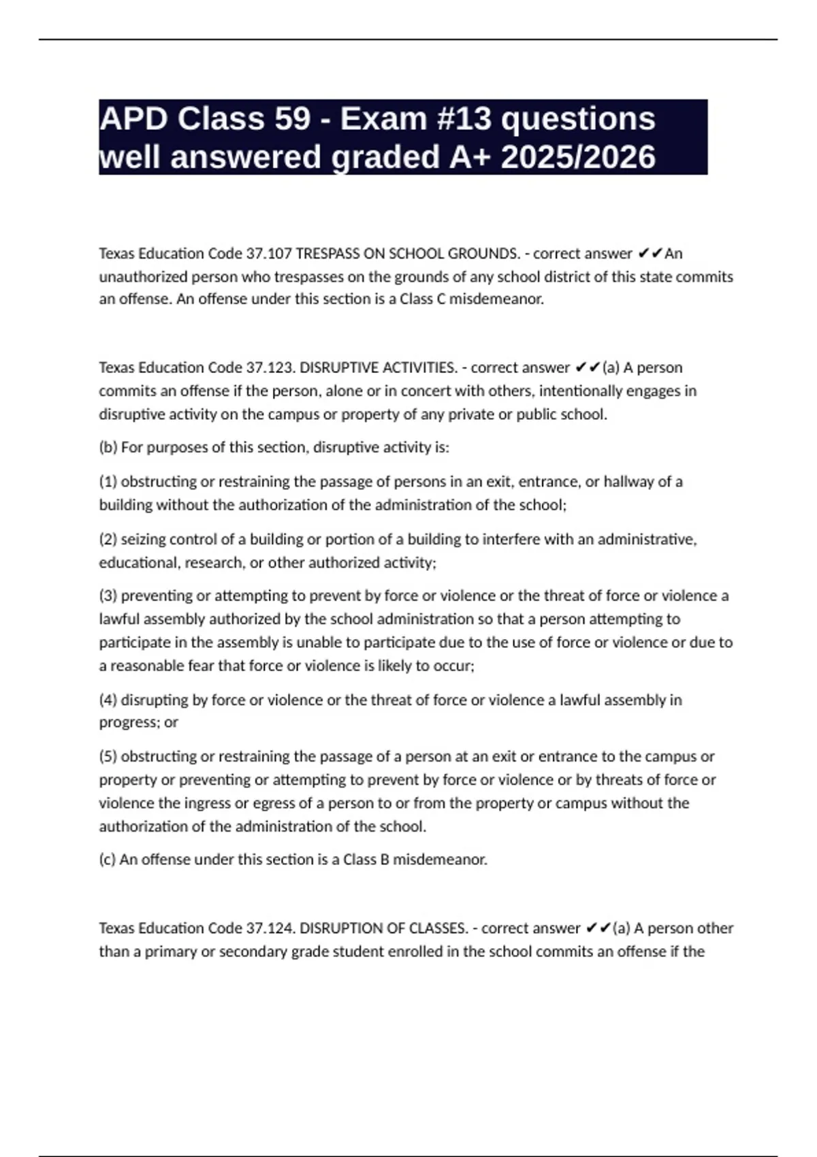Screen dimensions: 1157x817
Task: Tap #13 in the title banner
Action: pyautogui.click(x=460, y=119)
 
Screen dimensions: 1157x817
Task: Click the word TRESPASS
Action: pyautogui.click(x=327, y=254)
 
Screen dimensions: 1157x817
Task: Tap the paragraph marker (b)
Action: pyautogui.click(x=108, y=448)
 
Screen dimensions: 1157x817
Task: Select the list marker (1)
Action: pyautogui.click(x=108, y=482)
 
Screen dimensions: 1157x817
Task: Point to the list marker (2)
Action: pyautogui.click(x=108, y=540)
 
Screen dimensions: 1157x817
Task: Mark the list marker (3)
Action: pyautogui.click(x=108, y=596)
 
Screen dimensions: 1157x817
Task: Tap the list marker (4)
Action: pyautogui.click(x=108, y=700)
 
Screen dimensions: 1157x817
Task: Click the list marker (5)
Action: pyautogui.click(x=108, y=757)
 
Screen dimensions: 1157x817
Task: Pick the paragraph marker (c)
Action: pyautogui.click(x=108, y=860)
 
